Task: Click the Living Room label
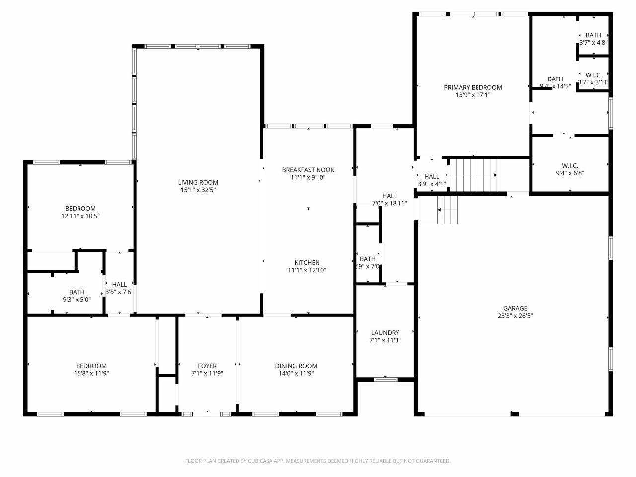pos(198,182)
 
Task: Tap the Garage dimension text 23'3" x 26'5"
pos(515,316)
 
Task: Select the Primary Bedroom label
pos(473,87)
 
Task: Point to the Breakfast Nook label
pos(308,170)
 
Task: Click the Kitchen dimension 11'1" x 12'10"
pos(307,270)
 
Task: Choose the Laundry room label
pos(385,333)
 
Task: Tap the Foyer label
pos(207,366)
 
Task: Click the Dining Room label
pos(296,366)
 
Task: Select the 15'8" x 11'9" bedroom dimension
pos(91,373)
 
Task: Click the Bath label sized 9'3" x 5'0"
pos(77,292)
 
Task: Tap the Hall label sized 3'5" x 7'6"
pos(119,284)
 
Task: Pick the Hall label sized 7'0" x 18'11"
pos(390,196)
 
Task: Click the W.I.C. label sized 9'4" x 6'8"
pos(570,166)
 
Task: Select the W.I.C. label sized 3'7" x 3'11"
pos(593,75)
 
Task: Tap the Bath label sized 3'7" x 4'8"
pos(593,35)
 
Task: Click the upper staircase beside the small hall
pos(473,174)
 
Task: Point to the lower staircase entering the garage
pos(446,210)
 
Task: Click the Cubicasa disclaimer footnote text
pos(318,461)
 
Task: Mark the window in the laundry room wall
pos(386,380)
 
